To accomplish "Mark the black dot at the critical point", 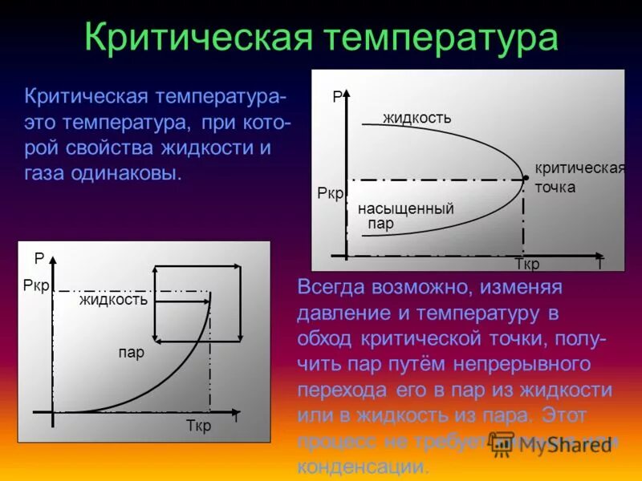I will point(525,177).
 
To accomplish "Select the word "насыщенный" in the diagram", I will point(406,209).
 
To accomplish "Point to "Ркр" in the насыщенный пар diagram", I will point(331,195).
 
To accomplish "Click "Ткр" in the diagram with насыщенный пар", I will point(526,265).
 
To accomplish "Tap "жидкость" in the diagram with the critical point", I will point(417,119).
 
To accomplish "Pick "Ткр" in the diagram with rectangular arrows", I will point(198,426).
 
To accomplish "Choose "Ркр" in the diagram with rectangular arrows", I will point(37,286).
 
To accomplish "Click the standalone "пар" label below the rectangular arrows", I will point(131,353).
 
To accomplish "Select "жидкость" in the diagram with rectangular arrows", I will point(113,301).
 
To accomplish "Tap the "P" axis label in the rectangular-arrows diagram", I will point(38,259).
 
